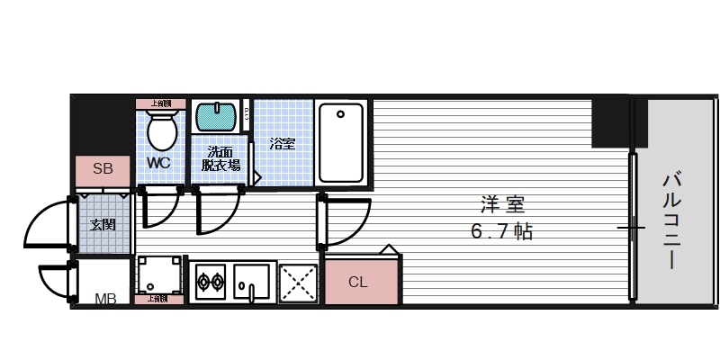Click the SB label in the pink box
(x=103, y=169)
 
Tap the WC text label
(x=158, y=163)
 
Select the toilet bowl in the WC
(x=162, y=130)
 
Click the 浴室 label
(x=281, y=143)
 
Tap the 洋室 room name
(x=495, y=203)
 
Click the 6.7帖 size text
(x=500, y=231)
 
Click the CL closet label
(x=357, y=282)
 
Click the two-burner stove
(x=210, y=282)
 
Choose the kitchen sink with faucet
(x=252, y=281)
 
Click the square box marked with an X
(x=298, y=282)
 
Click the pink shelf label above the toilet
(x=161, y=103)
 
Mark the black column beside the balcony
(x=612, y=122)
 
